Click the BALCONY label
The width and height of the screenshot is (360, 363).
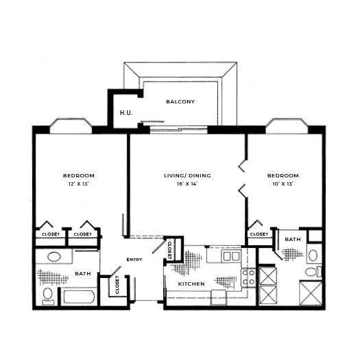180,102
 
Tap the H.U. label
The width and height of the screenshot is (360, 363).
125,112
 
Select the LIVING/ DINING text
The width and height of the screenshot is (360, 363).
187,176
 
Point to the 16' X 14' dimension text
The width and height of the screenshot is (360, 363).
187,184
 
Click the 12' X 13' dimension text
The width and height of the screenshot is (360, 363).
78,184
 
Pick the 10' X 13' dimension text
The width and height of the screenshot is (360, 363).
283,184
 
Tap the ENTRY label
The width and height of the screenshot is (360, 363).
134,260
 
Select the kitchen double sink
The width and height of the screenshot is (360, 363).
231,256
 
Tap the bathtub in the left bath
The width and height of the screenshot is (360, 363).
80,297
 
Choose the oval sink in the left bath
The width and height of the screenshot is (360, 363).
53,258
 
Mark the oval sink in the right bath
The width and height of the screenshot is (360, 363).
312,255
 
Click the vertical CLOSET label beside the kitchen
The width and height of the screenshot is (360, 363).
170,249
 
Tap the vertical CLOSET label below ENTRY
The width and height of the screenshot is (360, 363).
117,284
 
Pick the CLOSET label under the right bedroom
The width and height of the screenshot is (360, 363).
259,234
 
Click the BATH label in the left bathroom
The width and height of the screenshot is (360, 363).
83,274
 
